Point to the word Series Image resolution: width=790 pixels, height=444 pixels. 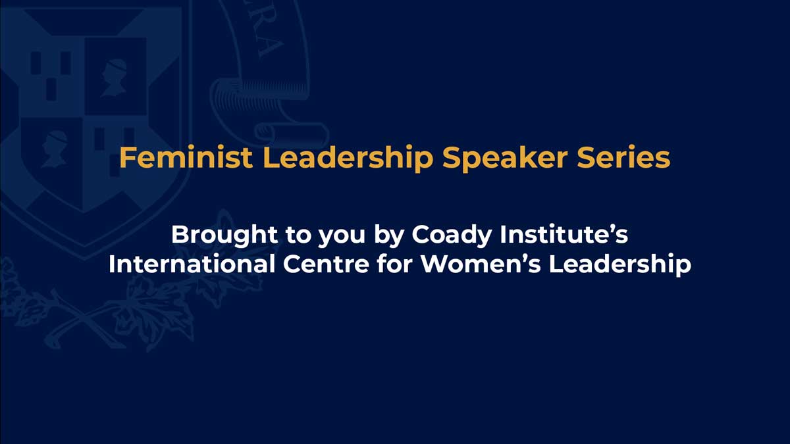click(x=628, y=159)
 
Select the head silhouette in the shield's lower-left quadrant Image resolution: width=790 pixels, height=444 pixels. click(x=55, y=149)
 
